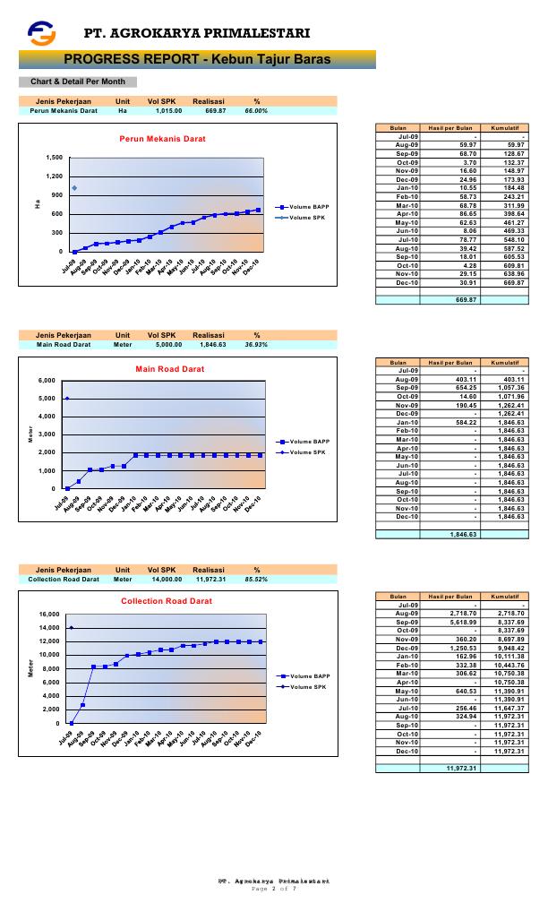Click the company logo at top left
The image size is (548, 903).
(x=41, y=33)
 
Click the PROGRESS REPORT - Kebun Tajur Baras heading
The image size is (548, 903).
(x=197, y=59)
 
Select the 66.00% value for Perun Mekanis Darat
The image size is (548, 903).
(x=256, y=111)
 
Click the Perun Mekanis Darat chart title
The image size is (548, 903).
(x=163, y=139)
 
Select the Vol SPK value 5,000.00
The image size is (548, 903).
(x=165, y=344)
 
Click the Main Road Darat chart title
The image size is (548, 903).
(x=169, y=369)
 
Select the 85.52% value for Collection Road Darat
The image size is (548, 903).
(x=256, y=580)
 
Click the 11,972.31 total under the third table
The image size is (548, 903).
(x=460, y=768)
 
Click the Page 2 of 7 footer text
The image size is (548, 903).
(x=273, y=888)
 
